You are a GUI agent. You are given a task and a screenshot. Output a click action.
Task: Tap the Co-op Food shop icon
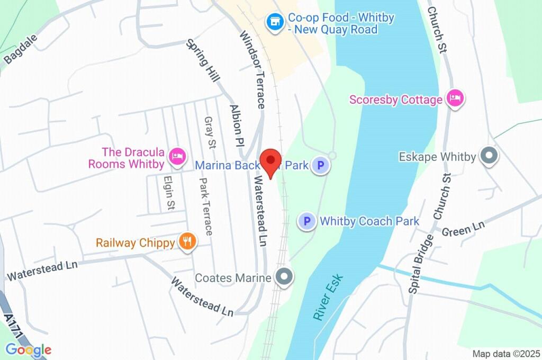tap(275, 23)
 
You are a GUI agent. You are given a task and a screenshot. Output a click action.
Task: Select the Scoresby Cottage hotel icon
tap(455, 98)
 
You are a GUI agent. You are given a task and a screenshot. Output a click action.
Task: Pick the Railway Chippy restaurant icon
tap(187, 242)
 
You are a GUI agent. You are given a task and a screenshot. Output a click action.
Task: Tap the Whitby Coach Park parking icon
tap(306, 221)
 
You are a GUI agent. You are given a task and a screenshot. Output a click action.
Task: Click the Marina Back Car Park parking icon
tap(319, 166)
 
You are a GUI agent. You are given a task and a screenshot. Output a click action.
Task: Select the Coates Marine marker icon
tap(285, 276)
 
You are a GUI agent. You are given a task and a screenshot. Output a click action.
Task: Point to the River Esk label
tap(328, 297)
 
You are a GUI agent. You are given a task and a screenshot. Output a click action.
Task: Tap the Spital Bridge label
tap(421, 264)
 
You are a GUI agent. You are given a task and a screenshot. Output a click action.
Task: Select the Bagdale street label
tap(21, 49)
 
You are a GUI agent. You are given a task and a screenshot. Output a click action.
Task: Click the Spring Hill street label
tap(203, 60)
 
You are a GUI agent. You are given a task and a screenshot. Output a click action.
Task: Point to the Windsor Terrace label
tap(252, 70)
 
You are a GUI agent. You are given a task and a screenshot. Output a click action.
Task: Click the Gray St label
tap(210, 133)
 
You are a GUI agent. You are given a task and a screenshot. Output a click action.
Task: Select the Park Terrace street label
tap(205, 206)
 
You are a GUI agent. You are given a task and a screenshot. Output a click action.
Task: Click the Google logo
tap(29, 350)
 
